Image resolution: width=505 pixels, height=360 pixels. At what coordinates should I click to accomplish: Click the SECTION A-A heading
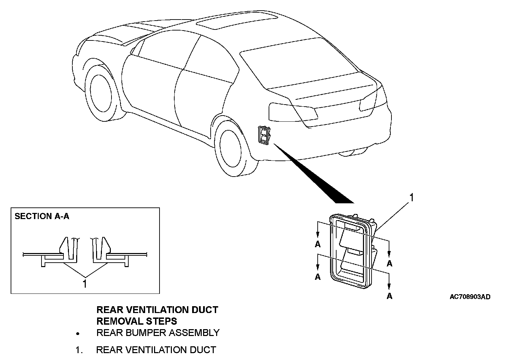tap(42, 216)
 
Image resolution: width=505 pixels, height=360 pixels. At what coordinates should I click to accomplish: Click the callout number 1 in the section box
tap(84, 284)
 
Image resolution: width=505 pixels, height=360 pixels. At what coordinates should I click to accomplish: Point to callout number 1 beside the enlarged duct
tap(412, 198)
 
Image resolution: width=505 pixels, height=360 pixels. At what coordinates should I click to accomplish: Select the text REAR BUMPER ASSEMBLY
tap(158, 333)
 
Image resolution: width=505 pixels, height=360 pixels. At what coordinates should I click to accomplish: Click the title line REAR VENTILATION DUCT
tap(157, 310)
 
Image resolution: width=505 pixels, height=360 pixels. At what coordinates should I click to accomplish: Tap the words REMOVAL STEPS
tap(137, 321)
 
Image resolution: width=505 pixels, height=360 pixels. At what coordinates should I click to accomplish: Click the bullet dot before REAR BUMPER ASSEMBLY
tap(79, 333)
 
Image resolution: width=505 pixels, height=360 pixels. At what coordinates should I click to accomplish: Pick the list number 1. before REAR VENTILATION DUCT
tap(79, 350)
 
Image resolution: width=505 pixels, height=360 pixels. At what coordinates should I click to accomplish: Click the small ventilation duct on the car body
tap(263, 134)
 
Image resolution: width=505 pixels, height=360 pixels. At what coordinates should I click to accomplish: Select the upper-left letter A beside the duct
tap(318, 244)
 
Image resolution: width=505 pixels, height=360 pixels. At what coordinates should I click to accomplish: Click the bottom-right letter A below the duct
tap(389, 296)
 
